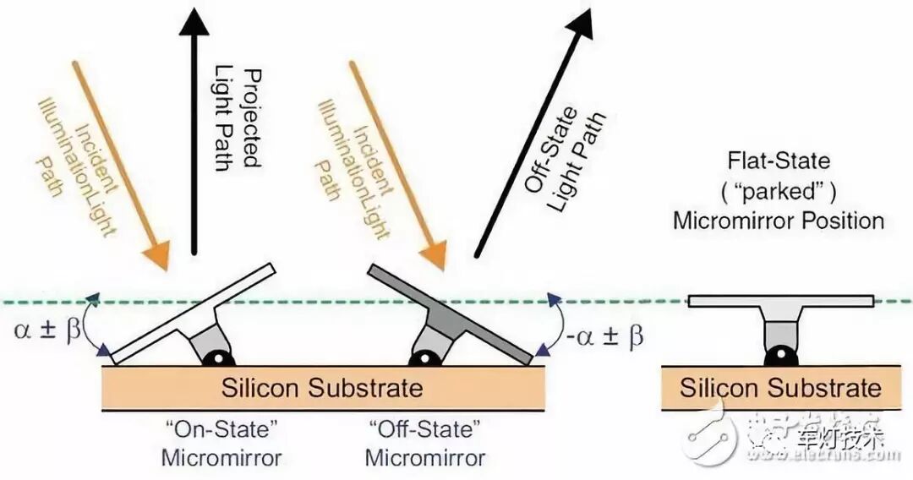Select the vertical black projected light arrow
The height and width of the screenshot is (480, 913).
(195, 127)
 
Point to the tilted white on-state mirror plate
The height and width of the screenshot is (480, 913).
(194, 312)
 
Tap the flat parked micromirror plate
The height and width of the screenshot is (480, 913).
(779, 300)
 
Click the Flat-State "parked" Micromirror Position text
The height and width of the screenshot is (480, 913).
(779, 190)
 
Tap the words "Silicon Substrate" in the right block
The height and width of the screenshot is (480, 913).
(780, 388)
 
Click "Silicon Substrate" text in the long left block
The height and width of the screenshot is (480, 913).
(321, 388)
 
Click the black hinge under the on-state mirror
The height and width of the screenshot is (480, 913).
(222, 357)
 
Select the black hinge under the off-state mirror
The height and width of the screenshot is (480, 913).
(421, 357)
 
